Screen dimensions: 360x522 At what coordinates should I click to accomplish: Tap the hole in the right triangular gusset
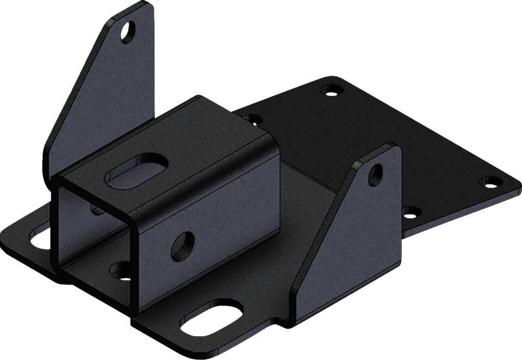point(375,173)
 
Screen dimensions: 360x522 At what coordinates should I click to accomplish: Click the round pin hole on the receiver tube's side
point(183,245)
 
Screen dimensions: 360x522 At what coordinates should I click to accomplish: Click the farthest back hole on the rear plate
point(331,88)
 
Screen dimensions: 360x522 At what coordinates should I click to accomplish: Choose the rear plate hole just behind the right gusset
point(412,210)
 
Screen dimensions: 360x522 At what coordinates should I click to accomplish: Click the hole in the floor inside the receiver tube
point(120,268)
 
